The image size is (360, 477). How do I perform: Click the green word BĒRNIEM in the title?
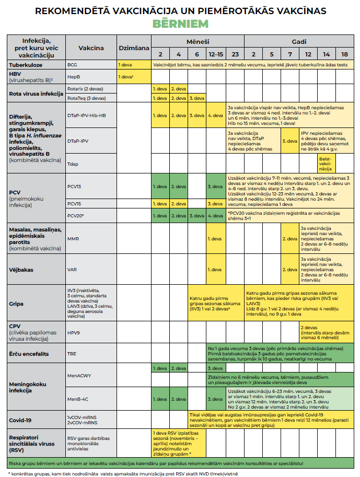(180, 24)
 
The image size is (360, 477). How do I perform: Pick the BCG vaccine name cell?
(73, 65)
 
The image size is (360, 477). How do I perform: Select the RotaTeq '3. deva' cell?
(196, 98)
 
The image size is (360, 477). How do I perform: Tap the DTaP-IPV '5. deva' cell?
(289, 141)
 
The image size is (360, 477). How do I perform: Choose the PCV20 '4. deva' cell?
(215, 215)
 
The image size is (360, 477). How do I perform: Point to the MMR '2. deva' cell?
(289, 239)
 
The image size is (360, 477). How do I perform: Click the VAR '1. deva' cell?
(215, 270)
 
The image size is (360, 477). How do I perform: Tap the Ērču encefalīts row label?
(29, 354)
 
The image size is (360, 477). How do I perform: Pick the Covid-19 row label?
(22, 420)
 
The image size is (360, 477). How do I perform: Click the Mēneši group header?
(198, 41)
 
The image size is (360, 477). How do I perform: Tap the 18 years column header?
(344, 54)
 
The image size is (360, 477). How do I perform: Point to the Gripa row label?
(18, 303)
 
